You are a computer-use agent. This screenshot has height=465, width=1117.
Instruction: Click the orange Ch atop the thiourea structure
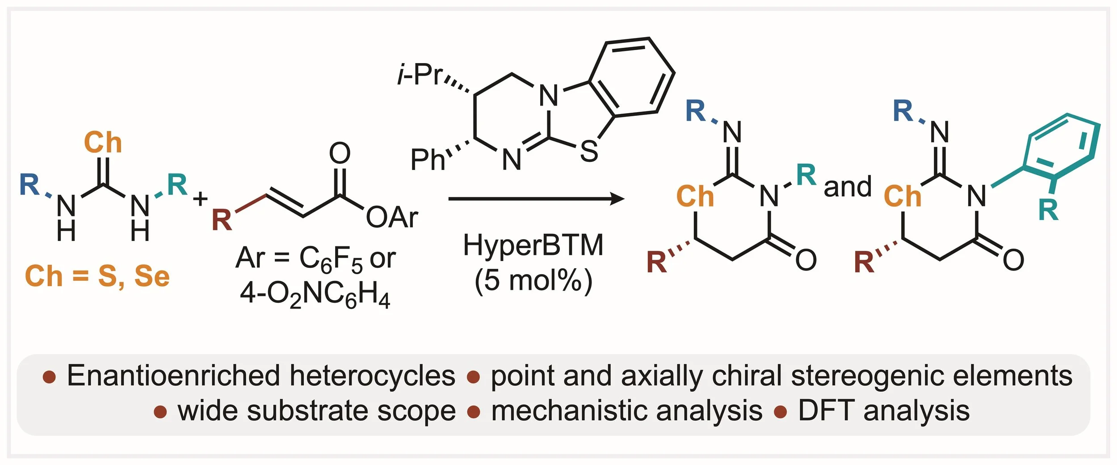click(103, 143)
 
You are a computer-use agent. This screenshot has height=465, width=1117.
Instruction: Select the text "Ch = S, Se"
click(97, 276)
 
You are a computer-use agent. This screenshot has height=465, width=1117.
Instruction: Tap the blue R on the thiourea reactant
click(29, 184)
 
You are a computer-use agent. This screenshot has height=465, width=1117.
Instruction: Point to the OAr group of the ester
click(392, 218)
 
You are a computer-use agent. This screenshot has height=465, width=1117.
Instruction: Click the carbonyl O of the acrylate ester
click(340, 153)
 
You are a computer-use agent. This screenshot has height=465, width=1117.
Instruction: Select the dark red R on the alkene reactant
click(222, 220)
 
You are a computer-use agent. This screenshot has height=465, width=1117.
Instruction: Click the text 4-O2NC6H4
click(315, 295)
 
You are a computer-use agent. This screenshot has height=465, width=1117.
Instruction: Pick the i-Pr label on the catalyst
click(420, 74)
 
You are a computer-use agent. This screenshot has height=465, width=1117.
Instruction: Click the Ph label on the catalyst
click(428, 160)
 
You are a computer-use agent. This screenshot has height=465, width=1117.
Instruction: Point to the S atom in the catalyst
click(589, 152)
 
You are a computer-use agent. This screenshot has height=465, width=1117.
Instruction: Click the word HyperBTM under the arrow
click(533, 245)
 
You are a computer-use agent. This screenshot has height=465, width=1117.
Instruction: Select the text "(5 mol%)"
click(533, 281)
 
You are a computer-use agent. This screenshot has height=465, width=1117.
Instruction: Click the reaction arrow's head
click(619, 199)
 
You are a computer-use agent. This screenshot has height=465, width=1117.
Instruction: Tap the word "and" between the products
click(848, 186)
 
